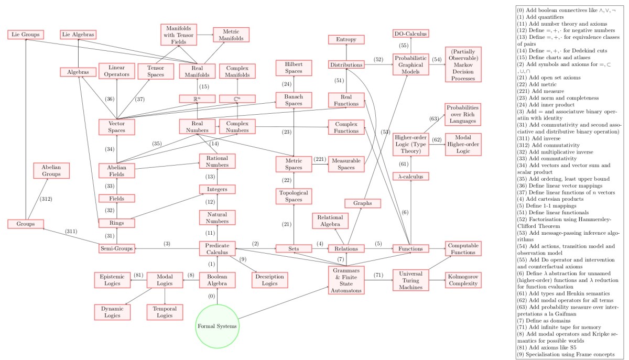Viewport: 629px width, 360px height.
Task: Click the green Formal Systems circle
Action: coord(217,326)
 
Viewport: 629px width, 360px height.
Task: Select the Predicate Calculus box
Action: coord(217,248)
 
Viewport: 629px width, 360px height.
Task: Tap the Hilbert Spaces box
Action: coord(294,68)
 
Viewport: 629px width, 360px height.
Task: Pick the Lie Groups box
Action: coord(25,35)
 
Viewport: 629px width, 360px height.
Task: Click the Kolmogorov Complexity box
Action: coord(463,279)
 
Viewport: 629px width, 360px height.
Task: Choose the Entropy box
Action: coord(346,39)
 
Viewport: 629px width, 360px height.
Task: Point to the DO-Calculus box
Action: coord(410,34)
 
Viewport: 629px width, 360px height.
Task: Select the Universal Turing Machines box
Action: coord(410,279)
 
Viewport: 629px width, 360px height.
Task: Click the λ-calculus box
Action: coord(411,176)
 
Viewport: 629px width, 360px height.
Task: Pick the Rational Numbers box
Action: coord(217,161)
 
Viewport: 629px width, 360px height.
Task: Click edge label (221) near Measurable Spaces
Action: coord(320,159)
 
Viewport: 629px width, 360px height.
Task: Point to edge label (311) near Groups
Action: coord(71,231)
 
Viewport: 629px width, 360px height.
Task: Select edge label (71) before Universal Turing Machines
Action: coord(379,275)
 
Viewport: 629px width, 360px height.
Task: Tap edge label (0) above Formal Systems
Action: coord(211,296)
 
